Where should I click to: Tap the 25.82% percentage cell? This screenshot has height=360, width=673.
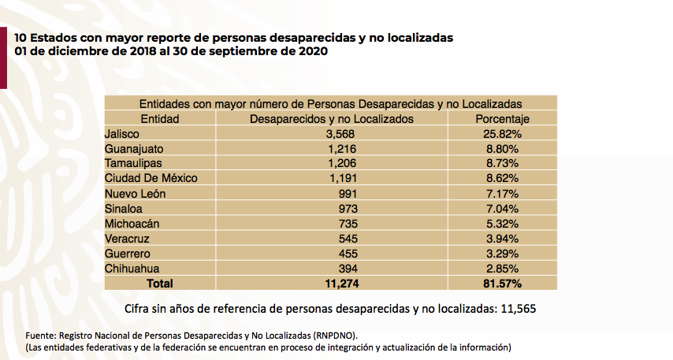(501, 134)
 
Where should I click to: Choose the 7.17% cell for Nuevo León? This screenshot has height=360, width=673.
(501, 193)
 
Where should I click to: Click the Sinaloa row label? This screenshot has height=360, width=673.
(125, 208)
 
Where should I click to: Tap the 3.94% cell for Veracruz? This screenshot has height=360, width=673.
(501, 238)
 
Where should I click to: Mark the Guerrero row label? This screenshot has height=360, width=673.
(127, 253)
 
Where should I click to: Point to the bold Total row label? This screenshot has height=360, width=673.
(160, 282)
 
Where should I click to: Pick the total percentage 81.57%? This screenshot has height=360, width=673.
(501, 282)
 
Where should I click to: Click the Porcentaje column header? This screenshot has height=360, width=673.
(501, 119)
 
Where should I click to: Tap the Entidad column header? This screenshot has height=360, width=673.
(160, 119)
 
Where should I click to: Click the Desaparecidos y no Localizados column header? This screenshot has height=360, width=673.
(331, 119)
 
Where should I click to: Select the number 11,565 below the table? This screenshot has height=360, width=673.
(517, 307)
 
